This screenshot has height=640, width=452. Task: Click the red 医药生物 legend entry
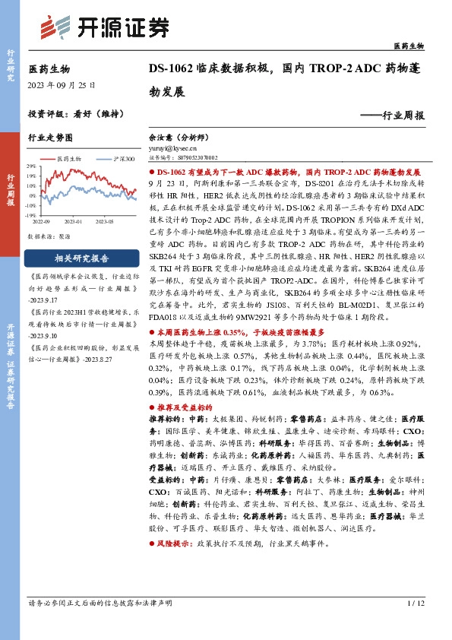point(69,159)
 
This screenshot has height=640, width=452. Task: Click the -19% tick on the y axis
point(30,215)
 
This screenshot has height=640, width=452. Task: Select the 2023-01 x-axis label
point(73,221)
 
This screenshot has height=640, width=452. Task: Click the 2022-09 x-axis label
point(42,221)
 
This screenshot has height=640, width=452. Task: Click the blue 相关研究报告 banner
point(81,258)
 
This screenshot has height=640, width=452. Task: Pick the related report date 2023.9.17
point(46,299)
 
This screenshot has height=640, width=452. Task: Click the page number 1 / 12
point(414,625)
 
